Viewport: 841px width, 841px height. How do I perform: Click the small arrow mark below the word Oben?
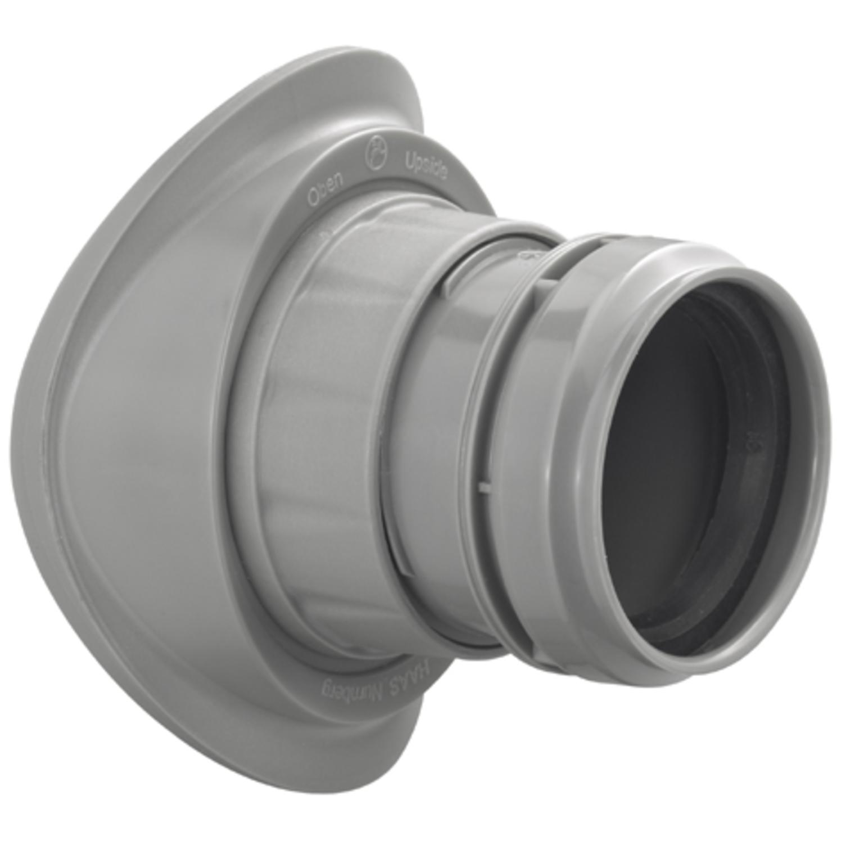point(322,232)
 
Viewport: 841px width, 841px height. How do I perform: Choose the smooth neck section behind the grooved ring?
point(433,422)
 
